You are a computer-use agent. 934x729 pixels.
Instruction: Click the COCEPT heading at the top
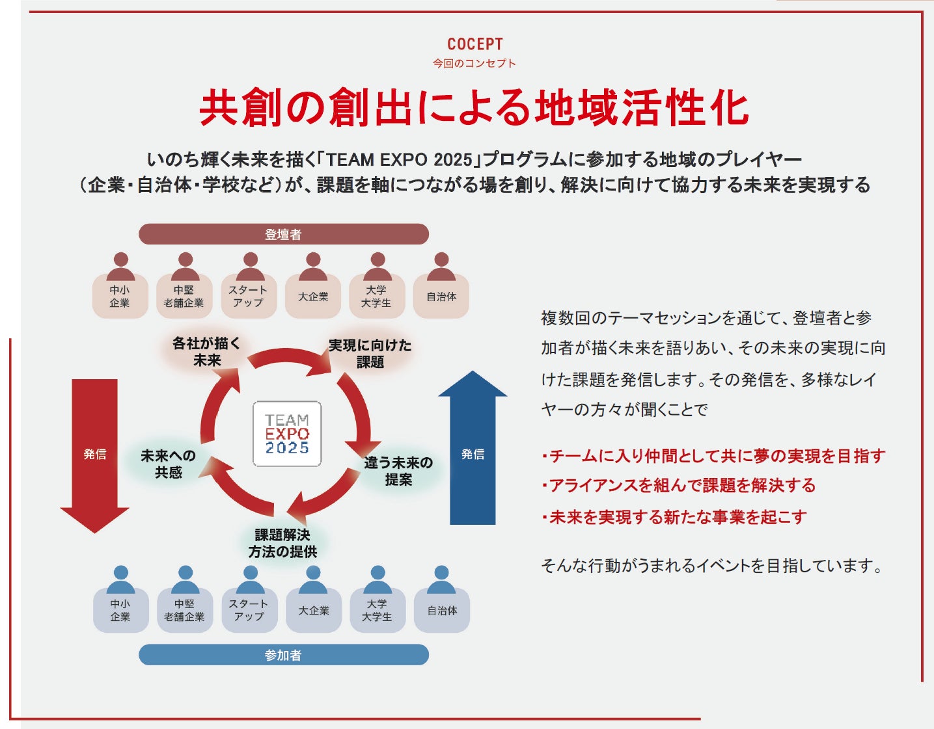click(474, 44)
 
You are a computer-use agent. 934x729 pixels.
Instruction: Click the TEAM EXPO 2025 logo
click(287, 434)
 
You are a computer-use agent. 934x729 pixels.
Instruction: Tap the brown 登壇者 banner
click(283, 234)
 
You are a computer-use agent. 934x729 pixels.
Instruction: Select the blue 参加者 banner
click(283, 655)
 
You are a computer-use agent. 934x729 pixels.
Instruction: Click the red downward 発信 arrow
click(95, 455)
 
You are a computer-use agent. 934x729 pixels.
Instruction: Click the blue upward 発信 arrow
click(473, 453)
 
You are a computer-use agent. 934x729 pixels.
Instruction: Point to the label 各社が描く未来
click(206, 352)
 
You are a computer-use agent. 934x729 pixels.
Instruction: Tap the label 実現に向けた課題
click(370, 354)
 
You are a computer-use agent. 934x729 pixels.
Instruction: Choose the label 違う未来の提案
click(398, 471)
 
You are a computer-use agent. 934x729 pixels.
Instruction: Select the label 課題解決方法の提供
click(282, 543)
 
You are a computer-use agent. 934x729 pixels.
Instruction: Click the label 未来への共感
click(168, 464)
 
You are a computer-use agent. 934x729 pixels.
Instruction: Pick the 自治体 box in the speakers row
click(441, 297)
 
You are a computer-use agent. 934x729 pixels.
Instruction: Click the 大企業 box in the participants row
click(314, 611)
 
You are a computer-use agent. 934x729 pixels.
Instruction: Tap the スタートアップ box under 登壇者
click(248, 297)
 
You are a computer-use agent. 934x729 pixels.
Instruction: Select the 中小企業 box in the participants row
click(120, 611)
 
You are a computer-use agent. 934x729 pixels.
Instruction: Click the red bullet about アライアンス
click(678, 485)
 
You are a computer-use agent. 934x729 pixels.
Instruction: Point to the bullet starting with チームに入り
click(713, 456)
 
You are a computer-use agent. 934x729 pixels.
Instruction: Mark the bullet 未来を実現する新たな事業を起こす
click(674, 517)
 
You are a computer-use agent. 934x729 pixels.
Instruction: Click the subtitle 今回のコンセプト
click(474, 63)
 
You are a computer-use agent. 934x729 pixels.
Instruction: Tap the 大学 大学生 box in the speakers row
click(376, 297)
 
